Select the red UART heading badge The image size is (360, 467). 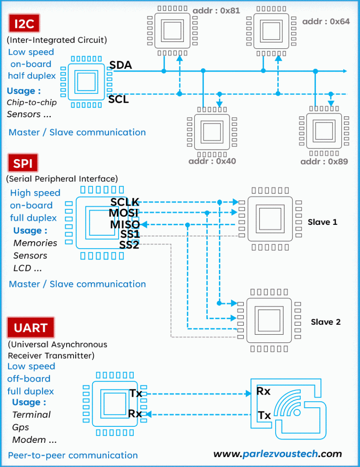click(x=31, y=328)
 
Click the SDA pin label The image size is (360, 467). click(x=121, y=65)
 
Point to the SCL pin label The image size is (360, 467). click(x=119, y=99)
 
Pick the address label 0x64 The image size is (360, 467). click(x=326, y=21)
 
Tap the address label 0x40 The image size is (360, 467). click(x=212, y=161)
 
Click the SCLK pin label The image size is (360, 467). click(x=125, y=202)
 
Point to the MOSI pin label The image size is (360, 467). click(x=123, y=213)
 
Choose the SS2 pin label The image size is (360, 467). click(x=129, y=245)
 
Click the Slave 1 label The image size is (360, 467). click(x=322, y=222)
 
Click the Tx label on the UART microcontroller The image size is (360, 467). click(x=136, y=393)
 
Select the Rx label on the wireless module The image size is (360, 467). click(x=263, y=391)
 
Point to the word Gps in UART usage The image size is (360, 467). click(x=21, y=427)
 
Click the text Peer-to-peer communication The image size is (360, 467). click(x=73, y=455)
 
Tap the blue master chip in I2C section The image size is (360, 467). click(x=86, y=83)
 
